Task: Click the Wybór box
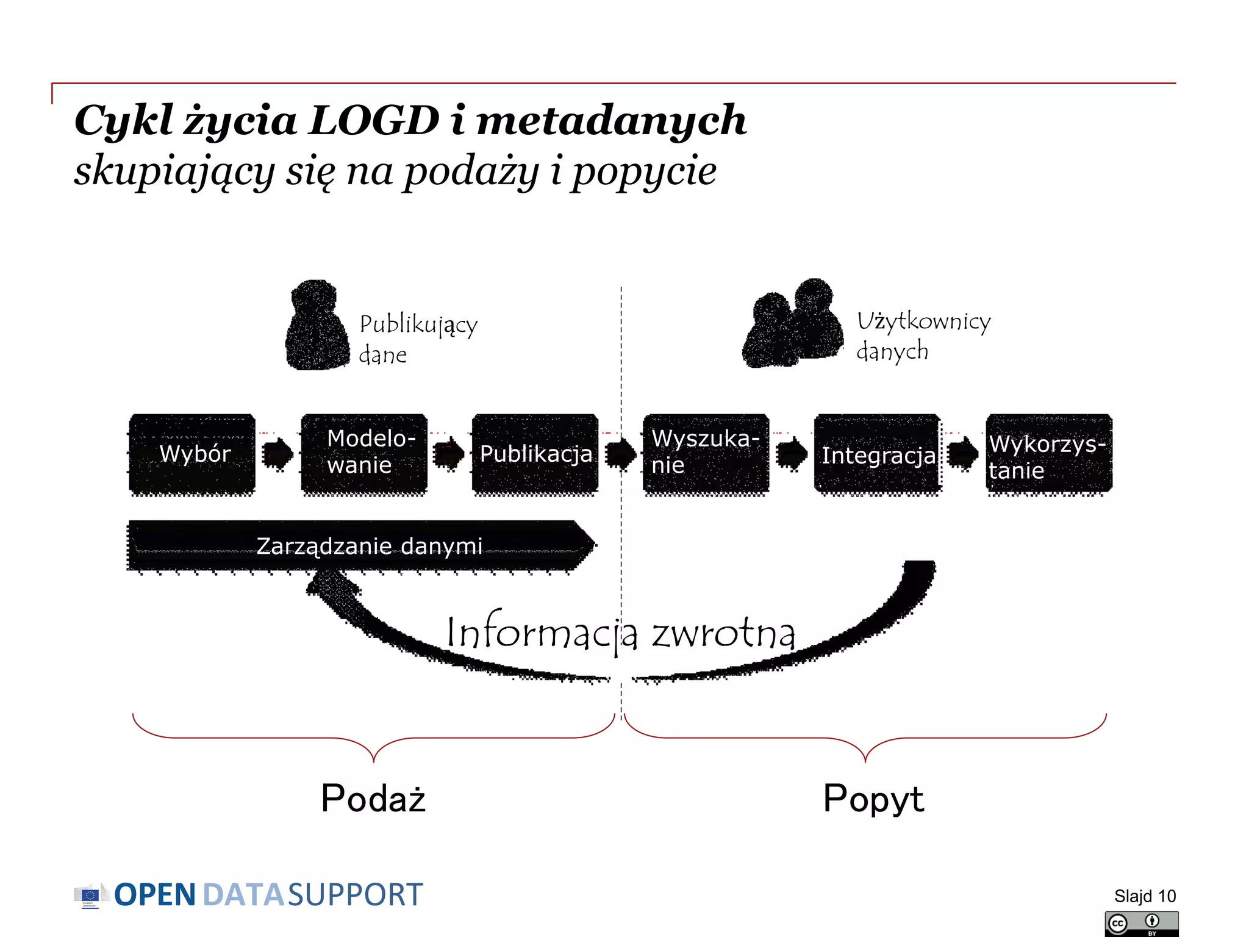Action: point(192,453)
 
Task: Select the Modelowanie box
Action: point(364,453)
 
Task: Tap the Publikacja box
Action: point(535,453)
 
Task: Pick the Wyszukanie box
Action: point(706,453)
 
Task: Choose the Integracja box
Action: point(877,454)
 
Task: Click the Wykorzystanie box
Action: point(1049,454)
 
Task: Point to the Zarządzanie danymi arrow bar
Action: point(360,545)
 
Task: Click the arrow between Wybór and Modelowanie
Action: point(277,454)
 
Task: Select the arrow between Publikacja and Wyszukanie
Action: point(620,454)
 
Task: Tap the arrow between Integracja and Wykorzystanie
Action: point(963,454)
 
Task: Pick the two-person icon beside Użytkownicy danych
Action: point(793,325)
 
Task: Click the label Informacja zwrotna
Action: point(620,633)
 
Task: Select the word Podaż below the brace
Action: point(373,799)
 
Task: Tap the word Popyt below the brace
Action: point(873,799)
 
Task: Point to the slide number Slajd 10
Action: point(1144,896)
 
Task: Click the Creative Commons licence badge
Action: point(1141,924)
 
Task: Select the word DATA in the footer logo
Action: point(243,895)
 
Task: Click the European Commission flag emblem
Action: point(90,896)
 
